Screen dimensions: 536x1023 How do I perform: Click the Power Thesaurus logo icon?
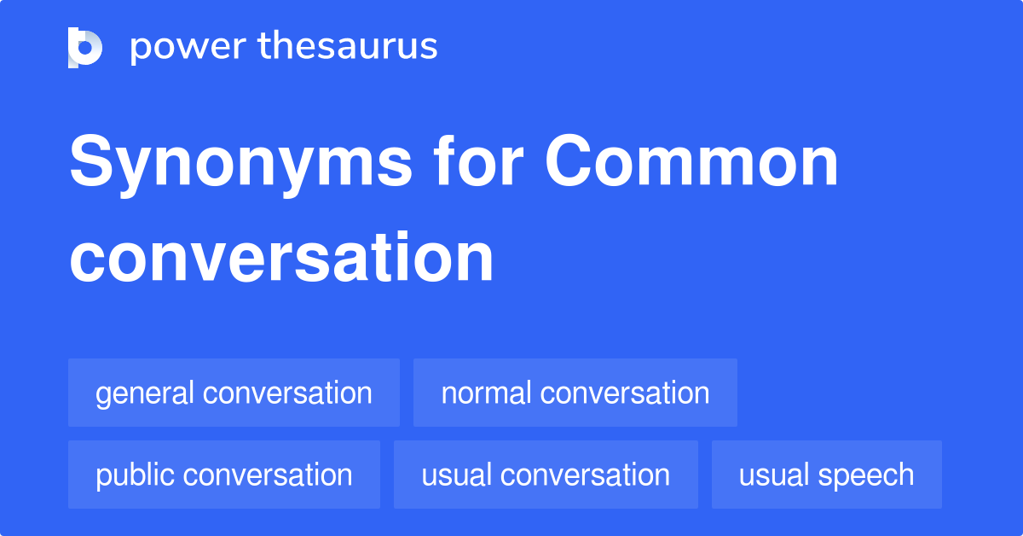tap(85, 47)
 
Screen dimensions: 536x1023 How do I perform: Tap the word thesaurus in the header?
tap(348, 47)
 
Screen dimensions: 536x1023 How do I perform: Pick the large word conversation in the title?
tap(281, 257)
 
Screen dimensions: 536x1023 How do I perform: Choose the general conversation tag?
tap(234, 393)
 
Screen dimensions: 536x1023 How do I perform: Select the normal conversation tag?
tap(575, 393)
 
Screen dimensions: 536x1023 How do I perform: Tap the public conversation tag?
tap(224, 475)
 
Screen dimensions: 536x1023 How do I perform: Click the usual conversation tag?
tap(546, 475)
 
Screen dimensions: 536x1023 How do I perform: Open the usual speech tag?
tap(827, 475)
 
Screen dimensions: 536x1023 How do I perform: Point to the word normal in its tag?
tap(486, 393)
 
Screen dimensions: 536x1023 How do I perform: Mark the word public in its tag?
tap(136, 475)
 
